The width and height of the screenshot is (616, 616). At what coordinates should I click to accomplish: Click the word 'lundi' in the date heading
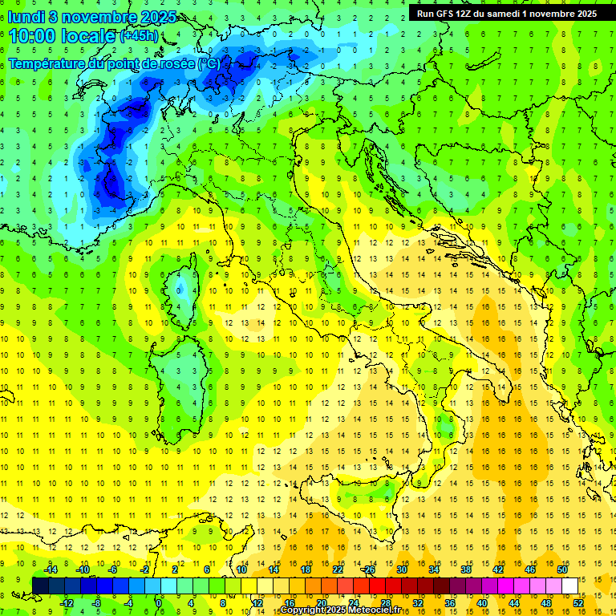(28, 17)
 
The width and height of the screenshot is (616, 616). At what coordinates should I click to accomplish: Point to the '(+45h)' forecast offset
(139, 36)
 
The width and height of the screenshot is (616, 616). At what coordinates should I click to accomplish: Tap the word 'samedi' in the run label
(502, 14)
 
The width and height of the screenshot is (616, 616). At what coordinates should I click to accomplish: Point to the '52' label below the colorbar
(578, 603)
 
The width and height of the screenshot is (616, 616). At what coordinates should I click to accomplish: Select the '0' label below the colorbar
(159, 603)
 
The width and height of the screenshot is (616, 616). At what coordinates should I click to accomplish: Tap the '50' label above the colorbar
(562, 569)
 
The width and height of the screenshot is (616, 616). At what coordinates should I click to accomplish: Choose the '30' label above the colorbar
(401, 569)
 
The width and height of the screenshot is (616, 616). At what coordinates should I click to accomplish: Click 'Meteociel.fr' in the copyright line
(375, 610)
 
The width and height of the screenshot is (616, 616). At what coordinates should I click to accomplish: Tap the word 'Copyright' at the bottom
(301, 610)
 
